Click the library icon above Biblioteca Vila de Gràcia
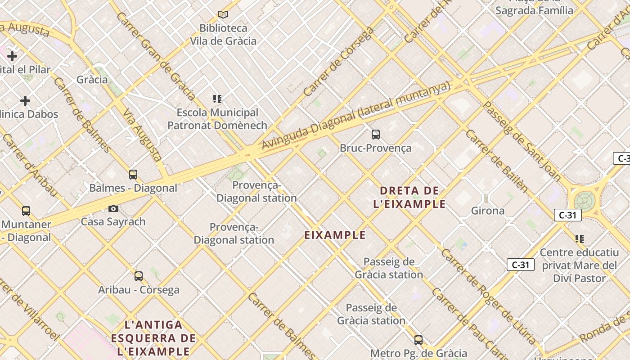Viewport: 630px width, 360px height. click(223, 14)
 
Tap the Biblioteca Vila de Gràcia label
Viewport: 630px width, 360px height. click(223, 35)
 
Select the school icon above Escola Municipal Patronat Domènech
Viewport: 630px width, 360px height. click(217, 99)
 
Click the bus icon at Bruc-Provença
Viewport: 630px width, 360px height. click(375, 134)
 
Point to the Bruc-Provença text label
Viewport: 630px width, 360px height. click(375, 148)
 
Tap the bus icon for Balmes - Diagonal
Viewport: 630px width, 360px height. click(133, 175)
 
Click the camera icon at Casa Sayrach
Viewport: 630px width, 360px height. click(113, 208)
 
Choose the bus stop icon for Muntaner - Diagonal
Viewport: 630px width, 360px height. click(26, 211)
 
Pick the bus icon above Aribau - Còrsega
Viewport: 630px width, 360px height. click(139, 276)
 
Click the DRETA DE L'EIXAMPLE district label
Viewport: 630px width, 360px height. click(409, 197)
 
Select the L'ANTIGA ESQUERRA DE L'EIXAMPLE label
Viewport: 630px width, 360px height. click(153, 337)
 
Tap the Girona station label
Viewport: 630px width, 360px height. click(488, 211)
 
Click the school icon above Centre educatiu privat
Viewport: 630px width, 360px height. click(580, 238)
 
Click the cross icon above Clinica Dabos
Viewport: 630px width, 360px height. click(25, 100)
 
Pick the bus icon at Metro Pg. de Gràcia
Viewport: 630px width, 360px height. click(418, 340)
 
